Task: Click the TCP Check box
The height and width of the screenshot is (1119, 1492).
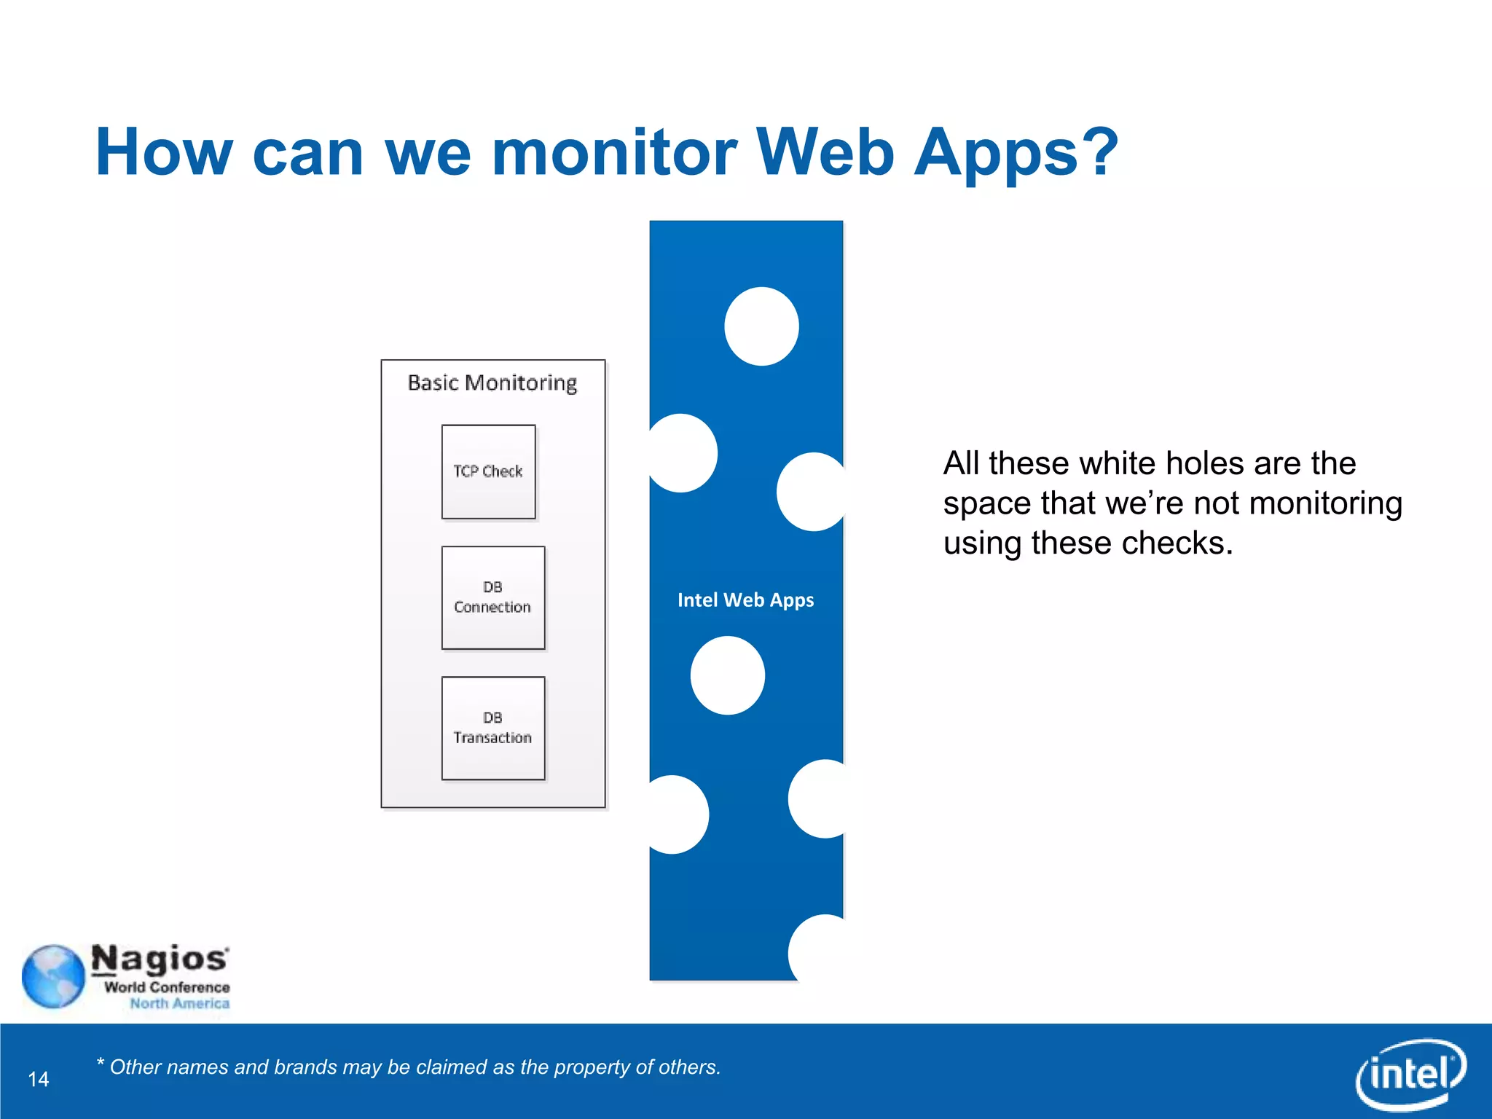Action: click(x=488, y=471)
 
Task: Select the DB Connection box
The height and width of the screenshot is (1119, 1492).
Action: click(x=492, y=597)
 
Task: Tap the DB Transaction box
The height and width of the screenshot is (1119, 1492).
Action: click(x=492, y=728)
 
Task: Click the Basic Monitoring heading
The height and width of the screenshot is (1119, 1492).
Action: click(x=492, y=382)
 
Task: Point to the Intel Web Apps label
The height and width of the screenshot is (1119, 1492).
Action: click(x=745, y=600)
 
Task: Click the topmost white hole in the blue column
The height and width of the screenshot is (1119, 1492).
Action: click(x=761, y=326)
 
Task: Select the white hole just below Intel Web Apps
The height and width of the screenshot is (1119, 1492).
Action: click(x=727, y=675)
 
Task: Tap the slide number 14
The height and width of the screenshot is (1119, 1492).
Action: click(x=39, y=1079)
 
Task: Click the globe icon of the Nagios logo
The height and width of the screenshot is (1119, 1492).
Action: click(x=53, y=976)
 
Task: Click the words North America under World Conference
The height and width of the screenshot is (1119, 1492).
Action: click(x=179, y=1004)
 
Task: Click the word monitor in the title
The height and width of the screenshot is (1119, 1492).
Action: click(x=614, y=152)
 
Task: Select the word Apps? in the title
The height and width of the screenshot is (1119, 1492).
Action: click(x=1016, y=152)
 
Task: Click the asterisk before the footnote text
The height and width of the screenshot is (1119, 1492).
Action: click(x=101, y=1063)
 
